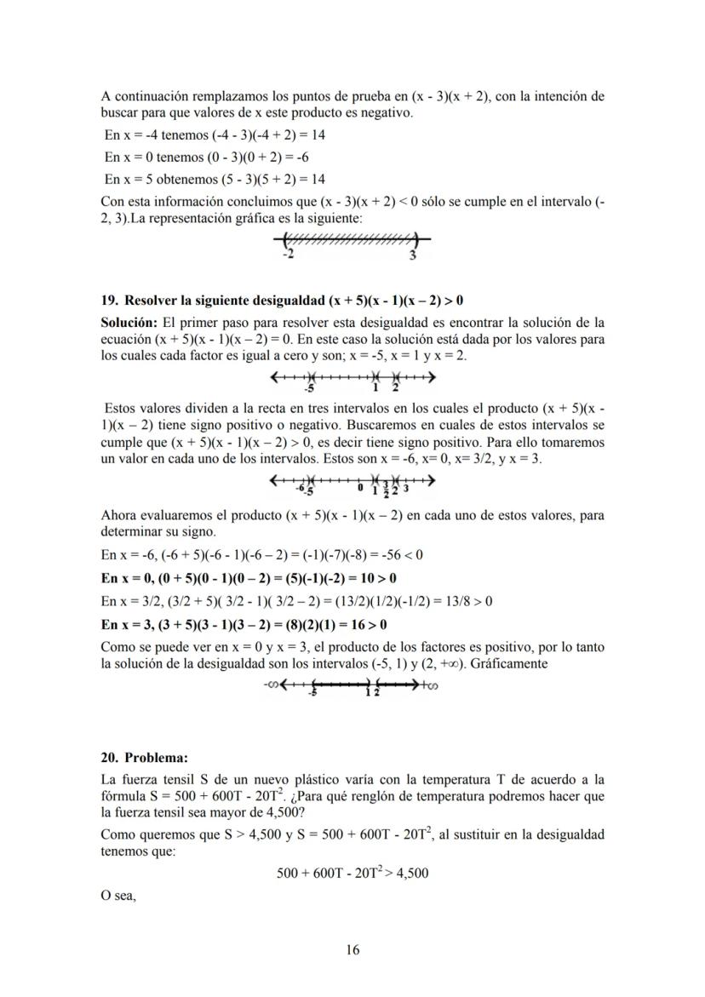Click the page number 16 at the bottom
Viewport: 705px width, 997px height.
coord(352,950)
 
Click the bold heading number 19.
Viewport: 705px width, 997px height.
coord(109,301)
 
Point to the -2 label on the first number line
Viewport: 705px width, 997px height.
coord(288,255)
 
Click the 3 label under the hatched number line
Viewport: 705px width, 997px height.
coord(412,255)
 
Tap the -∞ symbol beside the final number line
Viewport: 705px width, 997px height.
coord(274,685)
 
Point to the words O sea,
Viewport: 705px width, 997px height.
coord(118,895)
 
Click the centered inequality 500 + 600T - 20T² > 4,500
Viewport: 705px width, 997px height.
coord(352,873)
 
